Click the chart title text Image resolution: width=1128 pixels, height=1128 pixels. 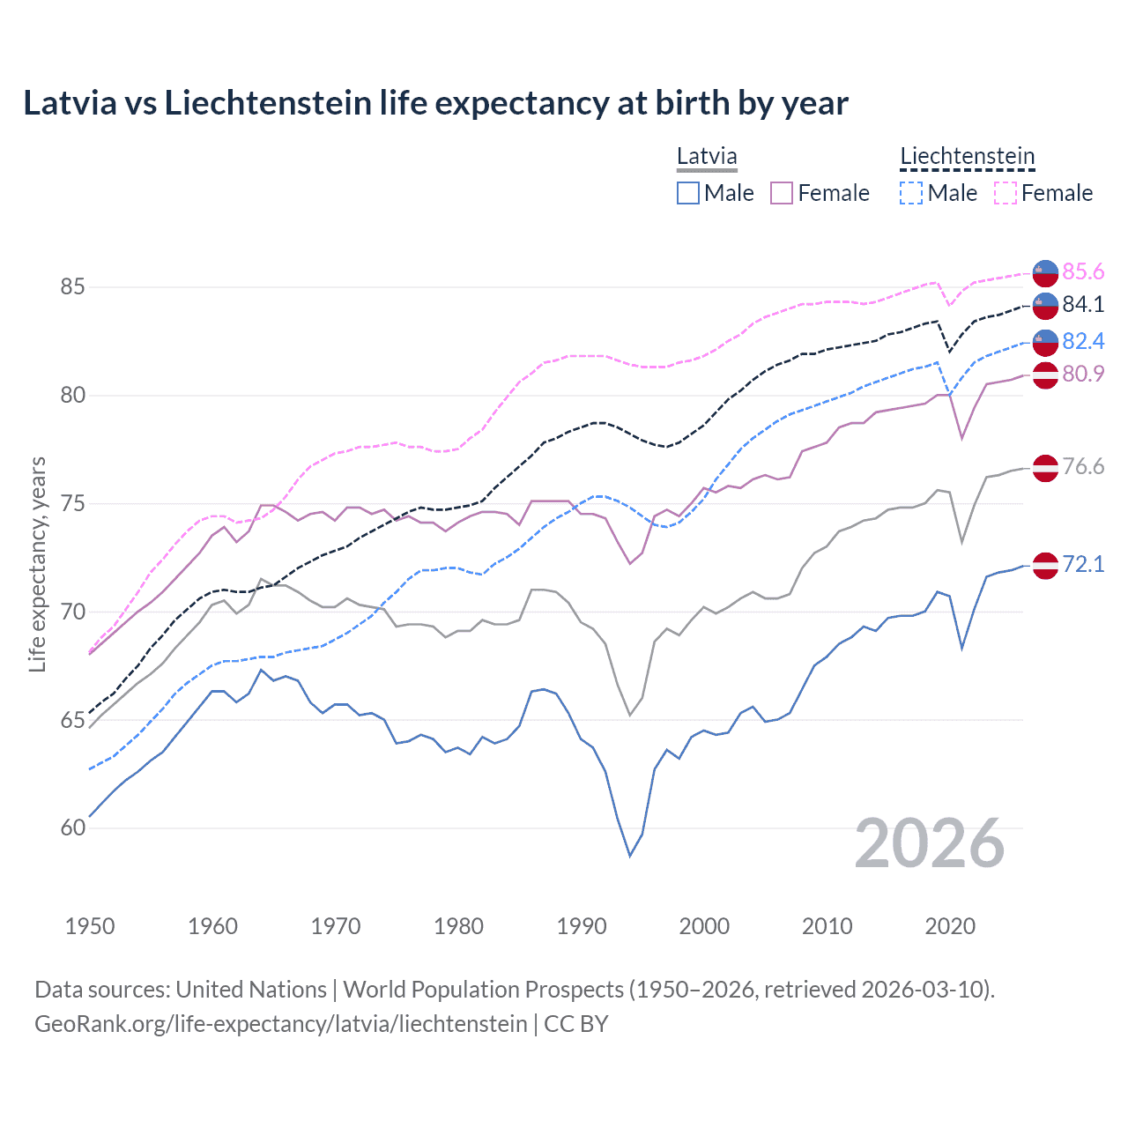(435, 103)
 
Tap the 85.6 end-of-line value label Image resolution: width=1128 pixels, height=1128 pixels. (1083, 271)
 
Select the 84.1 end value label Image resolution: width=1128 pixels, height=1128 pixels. (1083, 304)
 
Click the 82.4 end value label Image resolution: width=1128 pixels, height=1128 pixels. (1083, 341)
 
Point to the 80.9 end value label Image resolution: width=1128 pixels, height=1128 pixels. (1083, 374)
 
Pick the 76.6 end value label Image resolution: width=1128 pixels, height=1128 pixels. (1083, 466)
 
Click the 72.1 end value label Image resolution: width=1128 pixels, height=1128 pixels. (1083, 564)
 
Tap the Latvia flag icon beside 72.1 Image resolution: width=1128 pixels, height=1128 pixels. (1045, 565)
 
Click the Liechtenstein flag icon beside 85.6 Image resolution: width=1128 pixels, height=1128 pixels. (1045, 273)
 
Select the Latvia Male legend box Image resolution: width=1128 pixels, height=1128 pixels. (688, 193)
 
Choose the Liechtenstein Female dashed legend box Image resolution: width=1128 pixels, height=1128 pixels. (1006, 193)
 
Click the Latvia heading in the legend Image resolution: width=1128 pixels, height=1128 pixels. (707, 157)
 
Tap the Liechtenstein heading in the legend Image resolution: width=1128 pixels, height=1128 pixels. (967, 157)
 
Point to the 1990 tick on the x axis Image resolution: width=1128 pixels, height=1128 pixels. (582, 926)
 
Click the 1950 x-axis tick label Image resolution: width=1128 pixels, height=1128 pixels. (90, 926)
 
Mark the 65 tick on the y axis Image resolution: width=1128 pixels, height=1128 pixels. (73, 720)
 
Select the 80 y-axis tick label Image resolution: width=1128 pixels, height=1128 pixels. (73, 396)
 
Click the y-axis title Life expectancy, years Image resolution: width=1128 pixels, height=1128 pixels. (37, 564)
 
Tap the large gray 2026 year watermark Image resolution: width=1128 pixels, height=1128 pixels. (930, 843)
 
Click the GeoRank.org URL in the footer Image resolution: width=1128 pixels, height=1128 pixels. (280, 1024)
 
